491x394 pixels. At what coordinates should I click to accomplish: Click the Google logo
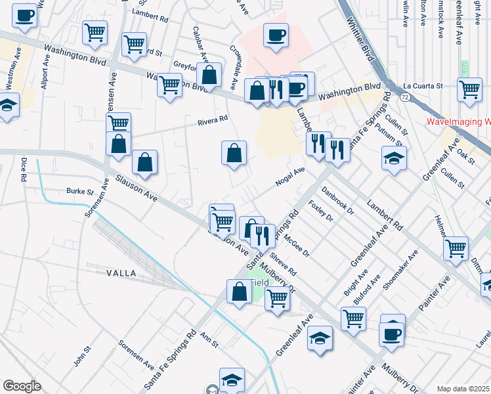22,386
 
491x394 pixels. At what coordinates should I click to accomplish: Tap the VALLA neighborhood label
120,273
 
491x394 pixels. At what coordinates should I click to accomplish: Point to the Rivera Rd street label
213,120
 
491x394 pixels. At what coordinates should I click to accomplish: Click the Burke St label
80,192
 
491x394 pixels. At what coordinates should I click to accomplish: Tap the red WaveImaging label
458,121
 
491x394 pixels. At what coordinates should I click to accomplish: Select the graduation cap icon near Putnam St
394,158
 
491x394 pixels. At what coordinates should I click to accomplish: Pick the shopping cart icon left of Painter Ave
456,248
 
